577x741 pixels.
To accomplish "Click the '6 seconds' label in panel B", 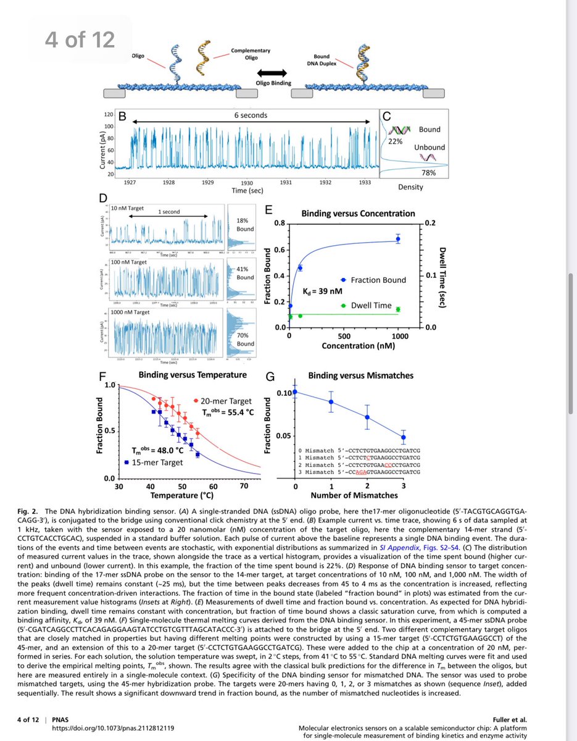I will pyautogui.click(x=250, y=115).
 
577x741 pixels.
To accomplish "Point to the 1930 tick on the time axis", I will pyautogui.click(x=247, y=183).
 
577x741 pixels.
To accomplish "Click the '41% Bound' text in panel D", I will pyautogui.click(x=245, y=273).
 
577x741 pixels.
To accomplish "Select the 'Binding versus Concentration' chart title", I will pyautogui.click(x=358, y=214).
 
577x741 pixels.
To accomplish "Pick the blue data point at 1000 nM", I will pyautogui.click(x=398, y=239).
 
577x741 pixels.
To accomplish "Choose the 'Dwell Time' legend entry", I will pyautogui.click(x=371, y=305).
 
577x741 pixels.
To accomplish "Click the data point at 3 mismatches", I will pyautogui.click(x=403, y=437).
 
